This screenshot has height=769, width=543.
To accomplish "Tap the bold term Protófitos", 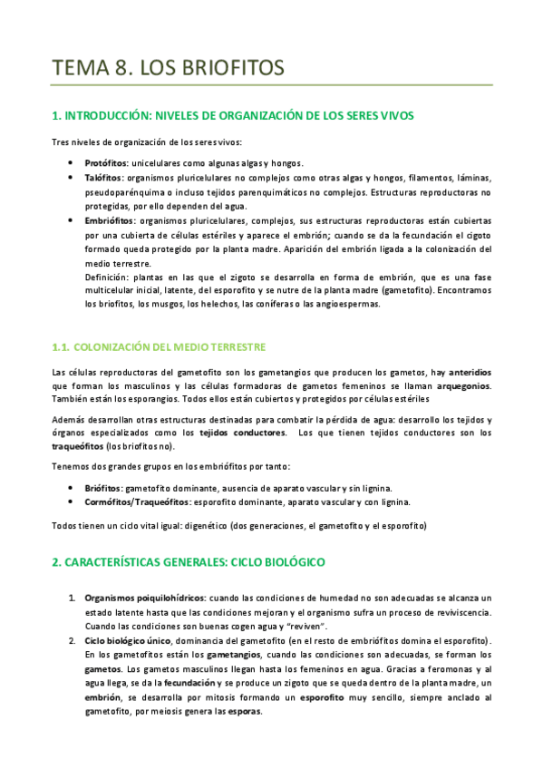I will point(107,161).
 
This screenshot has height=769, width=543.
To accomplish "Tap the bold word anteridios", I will point(470,373).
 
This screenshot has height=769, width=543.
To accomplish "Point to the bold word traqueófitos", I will point(76,447).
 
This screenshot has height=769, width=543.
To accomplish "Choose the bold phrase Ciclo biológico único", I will point(131,641).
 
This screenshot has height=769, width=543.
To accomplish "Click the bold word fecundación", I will point(190,682).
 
